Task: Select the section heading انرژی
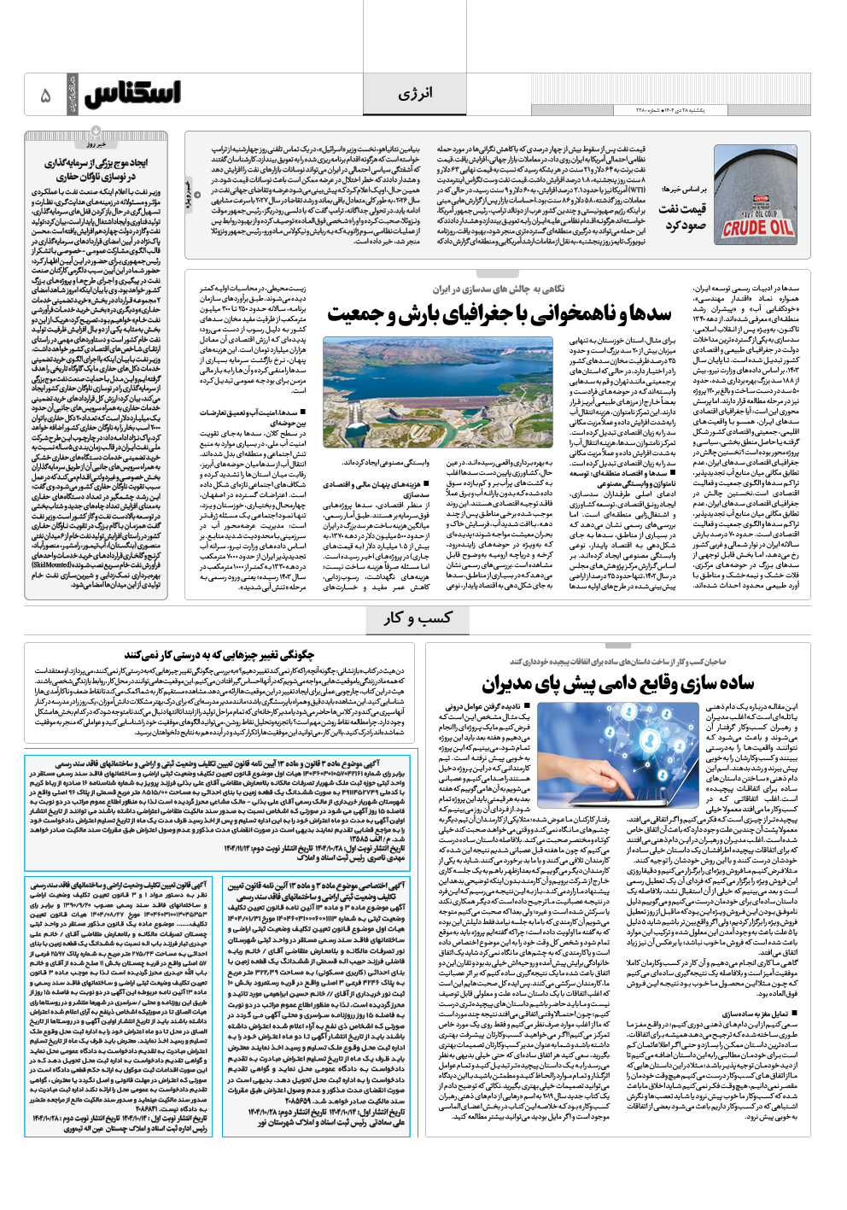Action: (x=415, y=93)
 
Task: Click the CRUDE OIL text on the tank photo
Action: (x=756, y=228)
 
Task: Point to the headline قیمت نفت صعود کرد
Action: (x=684, y=217)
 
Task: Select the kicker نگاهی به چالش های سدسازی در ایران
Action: (x=498, y=289)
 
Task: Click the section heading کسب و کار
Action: (x=418, y=617)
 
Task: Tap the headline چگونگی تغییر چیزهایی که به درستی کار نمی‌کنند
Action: (x=219, y=655)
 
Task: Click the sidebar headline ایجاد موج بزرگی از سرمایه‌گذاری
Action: (x=96, y=169)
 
